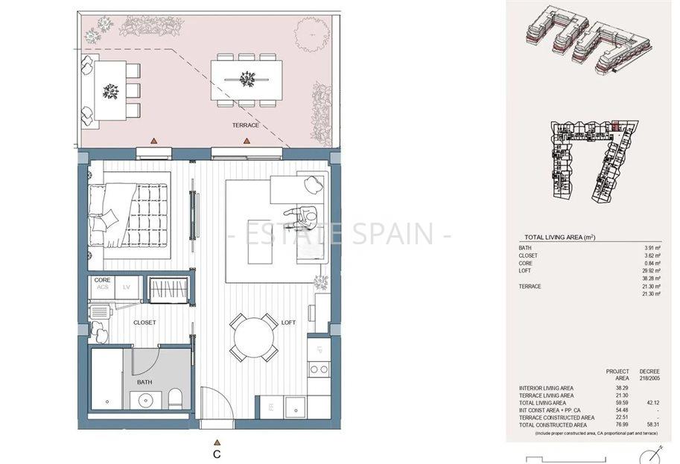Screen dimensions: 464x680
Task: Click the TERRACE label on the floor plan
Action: [x=244, y=125]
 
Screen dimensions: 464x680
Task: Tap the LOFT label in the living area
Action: [x=288, y=323]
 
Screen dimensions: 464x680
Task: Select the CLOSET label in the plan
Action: [x=144, y=323]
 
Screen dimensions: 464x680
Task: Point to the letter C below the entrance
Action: [x=217, y=452]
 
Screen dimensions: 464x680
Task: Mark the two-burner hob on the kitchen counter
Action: [x=319, y=369]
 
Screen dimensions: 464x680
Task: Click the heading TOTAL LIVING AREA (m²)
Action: [x=559, y=237]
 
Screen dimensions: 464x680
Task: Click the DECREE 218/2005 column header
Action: [x=649, y=375]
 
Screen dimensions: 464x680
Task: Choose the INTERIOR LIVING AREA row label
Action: [x=545, y=388]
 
